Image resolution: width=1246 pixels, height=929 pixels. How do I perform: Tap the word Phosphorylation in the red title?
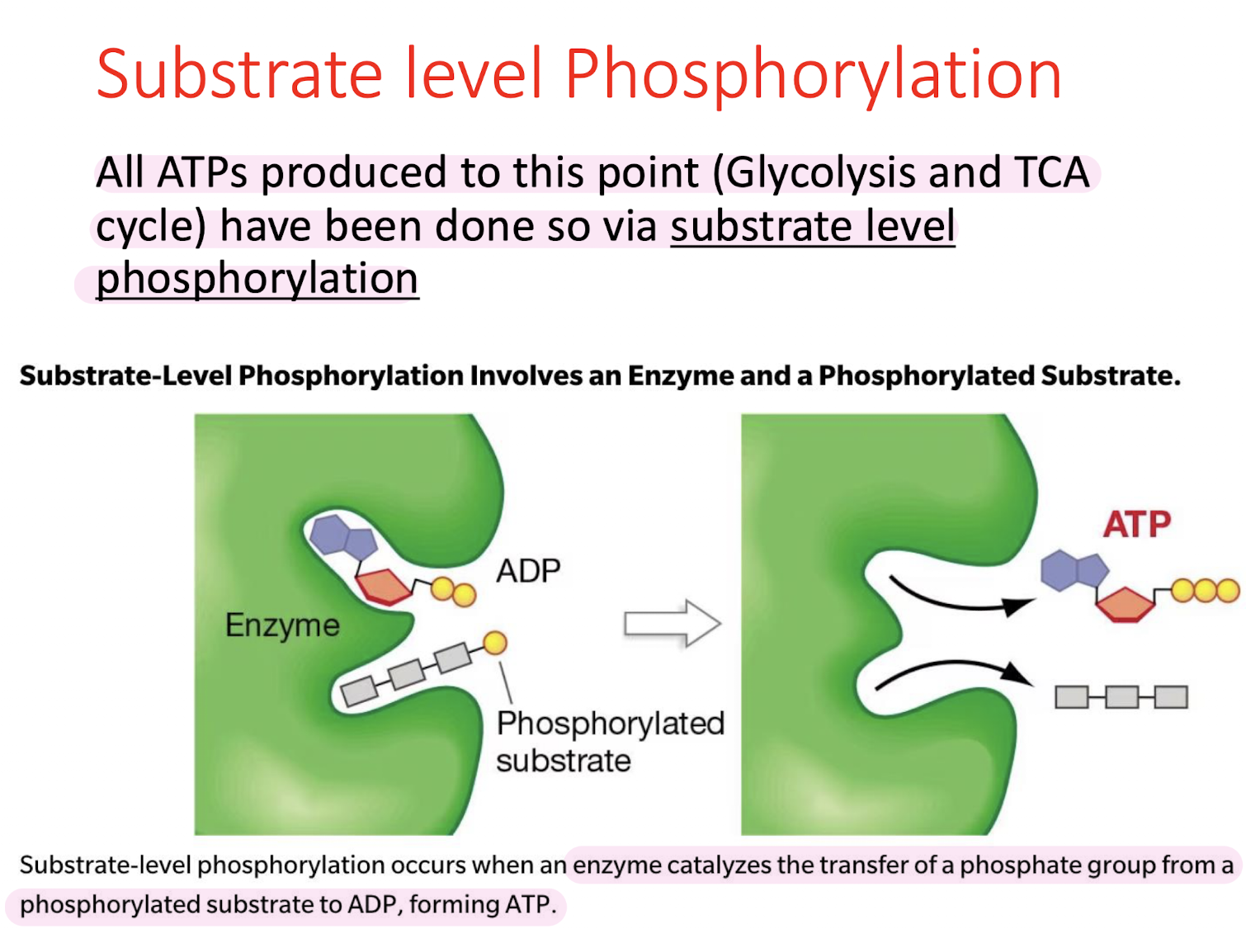[813, 74]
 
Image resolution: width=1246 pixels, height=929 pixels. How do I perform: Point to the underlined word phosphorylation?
[257, 279]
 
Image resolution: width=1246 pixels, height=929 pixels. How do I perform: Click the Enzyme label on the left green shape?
[282, 625]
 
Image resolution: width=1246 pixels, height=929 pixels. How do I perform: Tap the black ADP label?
[528, 571]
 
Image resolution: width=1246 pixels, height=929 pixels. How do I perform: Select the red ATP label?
[1137, 524]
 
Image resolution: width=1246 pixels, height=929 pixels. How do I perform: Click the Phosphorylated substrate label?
[609, 741]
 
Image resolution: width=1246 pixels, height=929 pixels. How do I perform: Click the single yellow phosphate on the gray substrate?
[494, 643]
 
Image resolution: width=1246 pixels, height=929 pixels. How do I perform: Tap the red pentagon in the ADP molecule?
[384, 586]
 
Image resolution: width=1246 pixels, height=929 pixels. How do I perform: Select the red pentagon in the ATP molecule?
[1124, 604]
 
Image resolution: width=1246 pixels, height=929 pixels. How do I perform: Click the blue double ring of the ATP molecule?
[1073, 569]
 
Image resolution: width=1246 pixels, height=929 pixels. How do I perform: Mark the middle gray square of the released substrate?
[1121, 697]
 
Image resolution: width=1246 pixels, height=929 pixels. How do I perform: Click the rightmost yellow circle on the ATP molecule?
[1228, 591]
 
